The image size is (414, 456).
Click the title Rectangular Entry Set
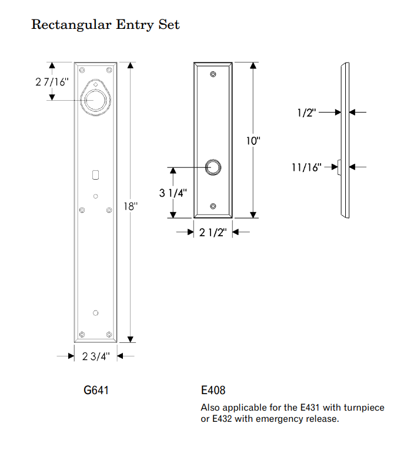click(105, 25)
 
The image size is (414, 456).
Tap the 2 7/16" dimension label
click(52, 82)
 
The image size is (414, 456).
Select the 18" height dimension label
click(131, 206)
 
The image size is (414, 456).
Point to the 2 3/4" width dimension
click(96, 356)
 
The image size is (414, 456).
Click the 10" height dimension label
click(254, 141)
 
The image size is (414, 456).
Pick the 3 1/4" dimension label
click(173, 193)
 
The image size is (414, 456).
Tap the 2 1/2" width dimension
click(213, 233)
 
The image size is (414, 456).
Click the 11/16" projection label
click(306, 168)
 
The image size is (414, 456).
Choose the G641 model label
click(96, 390)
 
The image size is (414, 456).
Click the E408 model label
click(213, 390)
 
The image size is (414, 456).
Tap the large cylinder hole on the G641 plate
click(95, 100)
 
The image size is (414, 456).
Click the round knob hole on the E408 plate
click(213, 167)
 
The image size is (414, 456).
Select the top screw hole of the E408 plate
click(213, 75)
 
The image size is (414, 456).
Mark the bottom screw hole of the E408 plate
click(213, 206)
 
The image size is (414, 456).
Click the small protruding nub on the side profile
click(339, 168)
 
